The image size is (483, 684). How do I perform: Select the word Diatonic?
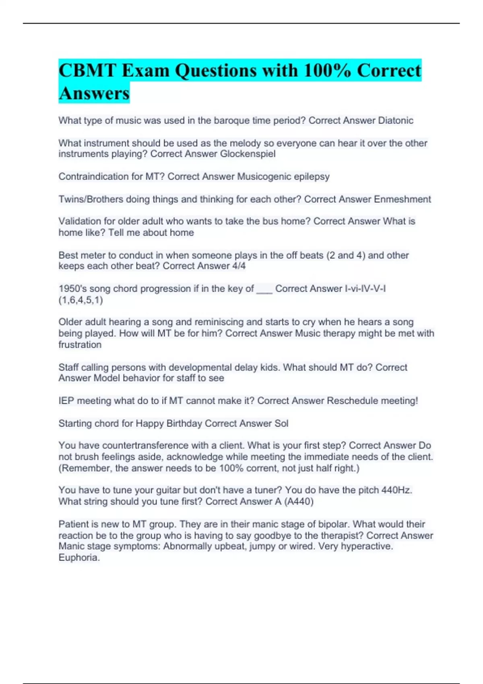395,121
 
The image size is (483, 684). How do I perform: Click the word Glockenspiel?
248,154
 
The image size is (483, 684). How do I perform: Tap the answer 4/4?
239,266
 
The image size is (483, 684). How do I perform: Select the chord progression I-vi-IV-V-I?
365,289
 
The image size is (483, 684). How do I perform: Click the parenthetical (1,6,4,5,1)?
80,300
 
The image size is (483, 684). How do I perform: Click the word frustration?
80,345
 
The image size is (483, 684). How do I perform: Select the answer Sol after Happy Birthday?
281,424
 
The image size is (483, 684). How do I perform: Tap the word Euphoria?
79,558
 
